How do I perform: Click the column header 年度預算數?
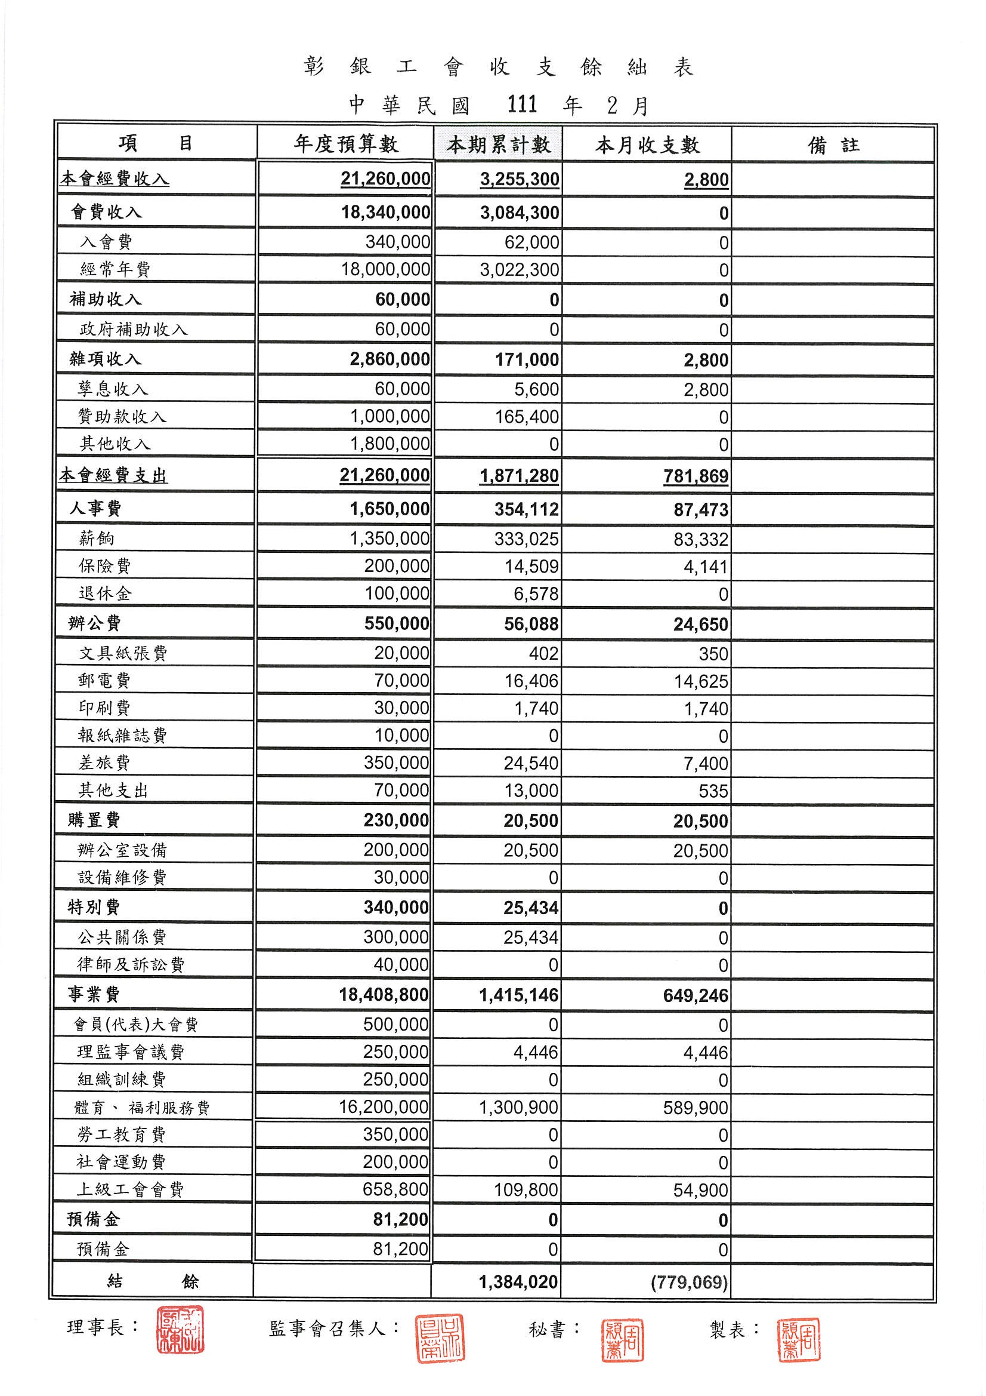346,144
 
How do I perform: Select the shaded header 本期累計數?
498,144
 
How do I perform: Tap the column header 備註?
833,144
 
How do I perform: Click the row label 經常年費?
115,269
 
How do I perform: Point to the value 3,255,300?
520,179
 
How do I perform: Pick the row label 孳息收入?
113,389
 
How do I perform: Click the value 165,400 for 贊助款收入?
527,417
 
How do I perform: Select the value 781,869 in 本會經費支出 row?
696,476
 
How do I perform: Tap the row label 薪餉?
96,538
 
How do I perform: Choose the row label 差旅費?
104,762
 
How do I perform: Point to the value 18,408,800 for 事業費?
384,995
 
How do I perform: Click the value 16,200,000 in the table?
384,1106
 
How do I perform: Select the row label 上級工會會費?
129,1189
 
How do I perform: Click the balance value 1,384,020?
518,1282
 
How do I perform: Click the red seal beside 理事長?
180,1329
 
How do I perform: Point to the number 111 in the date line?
522,104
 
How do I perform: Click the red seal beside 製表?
798,1339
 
